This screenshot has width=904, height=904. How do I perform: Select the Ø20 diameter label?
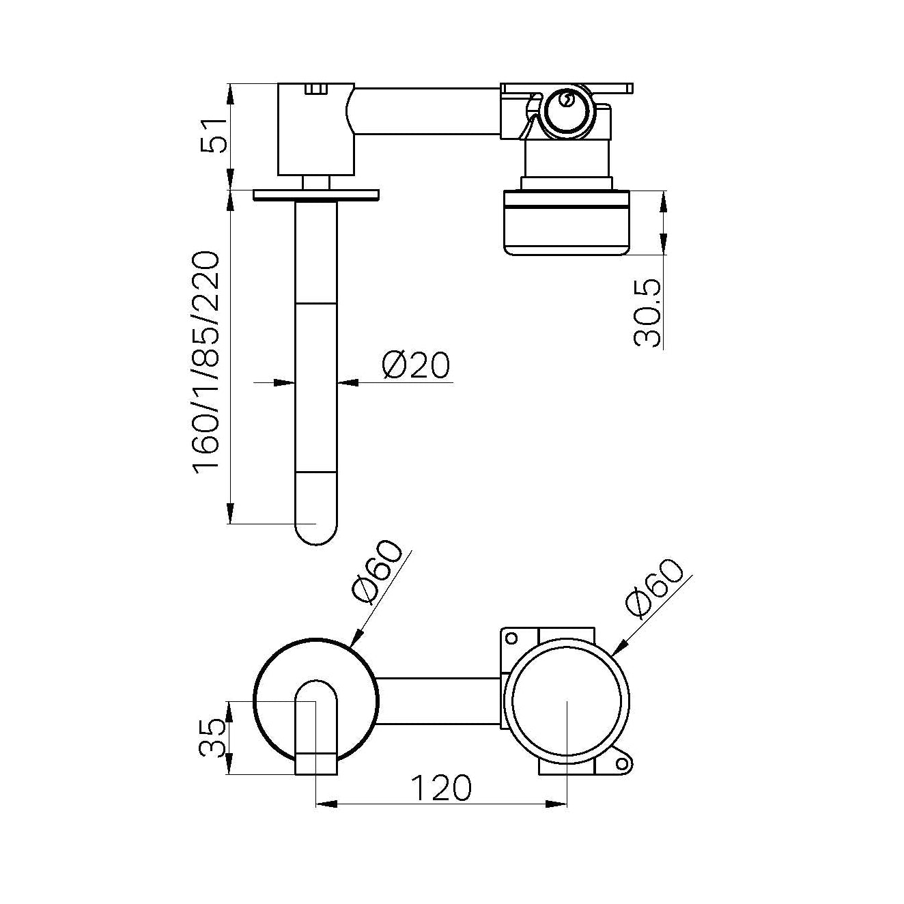416,365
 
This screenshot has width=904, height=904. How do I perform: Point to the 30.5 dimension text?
647,313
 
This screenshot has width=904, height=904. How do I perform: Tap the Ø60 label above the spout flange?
376,572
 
